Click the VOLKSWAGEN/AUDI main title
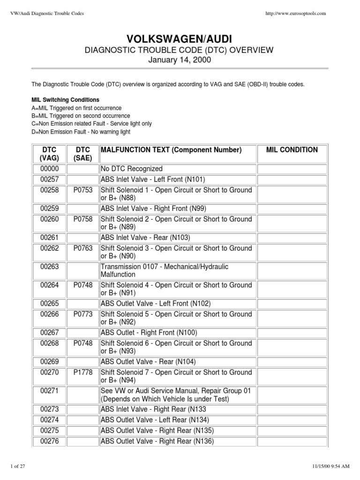coord(180,38)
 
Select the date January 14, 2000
coord(180,60)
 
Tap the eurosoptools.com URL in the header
coord(295,14)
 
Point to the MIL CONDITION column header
coord(292,150)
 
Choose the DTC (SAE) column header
coord(83,154)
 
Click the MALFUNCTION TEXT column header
coord(171,150)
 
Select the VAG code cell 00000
coord(49,169)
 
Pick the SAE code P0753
coord(83,190)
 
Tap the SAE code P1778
coord(83,372)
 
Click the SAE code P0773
coord(83,314)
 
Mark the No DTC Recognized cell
coord(131,169)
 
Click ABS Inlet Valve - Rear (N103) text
coord(145,238)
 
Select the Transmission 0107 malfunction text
coord(165,270)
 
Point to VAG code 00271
coord(49,390)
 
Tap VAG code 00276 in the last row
coord(49,441)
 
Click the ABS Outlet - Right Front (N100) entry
coord(149,333)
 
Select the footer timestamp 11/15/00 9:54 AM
coord(330,465)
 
